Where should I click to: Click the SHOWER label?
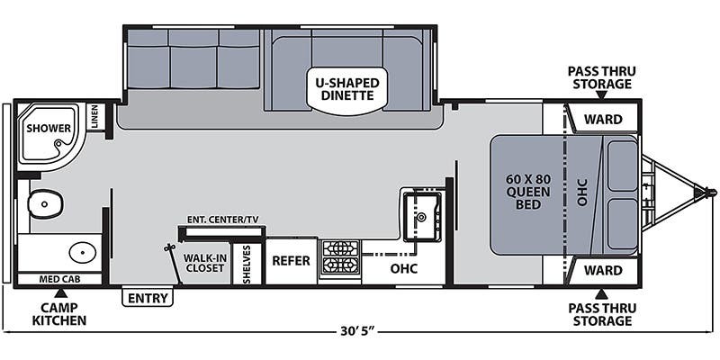[x=49, y=128]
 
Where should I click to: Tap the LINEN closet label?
[x=94, y=118]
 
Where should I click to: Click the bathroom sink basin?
[x=83, y=252]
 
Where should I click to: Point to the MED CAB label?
[x=59, y=279]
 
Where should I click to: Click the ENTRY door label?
[x=148, y=298]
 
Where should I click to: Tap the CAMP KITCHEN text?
[x=59, y=314]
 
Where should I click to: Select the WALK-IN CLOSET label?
[x=204, y=262]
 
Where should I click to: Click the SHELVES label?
[x=247, y=264]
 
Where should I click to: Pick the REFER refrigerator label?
[x=291, y=261]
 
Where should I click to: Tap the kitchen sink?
[x=422, y=216]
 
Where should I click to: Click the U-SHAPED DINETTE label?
[x=347, y=89]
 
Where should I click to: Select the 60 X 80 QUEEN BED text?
[x=528, y=191]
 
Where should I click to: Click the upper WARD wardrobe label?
[x=603, y=120]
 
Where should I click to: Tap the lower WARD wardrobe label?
[x=603, y=270]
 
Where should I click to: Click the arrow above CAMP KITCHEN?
[x=59, y=293]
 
